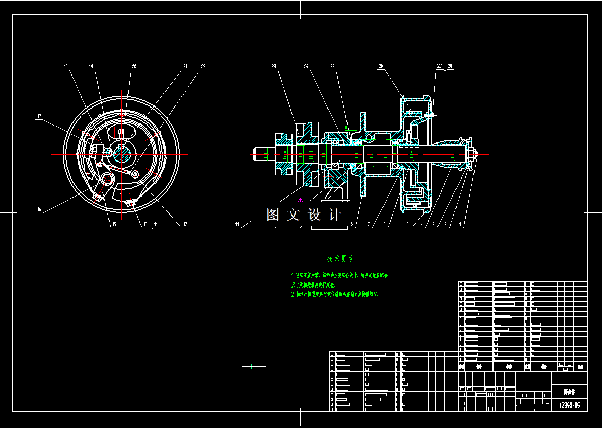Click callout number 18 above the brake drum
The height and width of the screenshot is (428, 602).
66,67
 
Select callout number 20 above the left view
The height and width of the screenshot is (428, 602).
134,67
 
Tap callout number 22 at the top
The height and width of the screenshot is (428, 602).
203,67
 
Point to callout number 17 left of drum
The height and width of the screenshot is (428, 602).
39,116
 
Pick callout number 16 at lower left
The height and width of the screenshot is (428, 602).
39,210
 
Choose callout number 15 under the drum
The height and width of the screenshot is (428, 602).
114,224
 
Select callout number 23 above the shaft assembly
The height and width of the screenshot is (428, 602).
274,67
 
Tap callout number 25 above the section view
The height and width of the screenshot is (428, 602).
332,67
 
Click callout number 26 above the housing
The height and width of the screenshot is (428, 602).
381,66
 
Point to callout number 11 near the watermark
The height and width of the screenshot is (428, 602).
237,224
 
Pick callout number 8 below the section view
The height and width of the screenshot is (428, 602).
352,224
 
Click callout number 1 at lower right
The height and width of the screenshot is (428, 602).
461,224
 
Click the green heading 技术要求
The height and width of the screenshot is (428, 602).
340,259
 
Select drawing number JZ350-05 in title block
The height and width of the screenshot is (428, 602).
569,405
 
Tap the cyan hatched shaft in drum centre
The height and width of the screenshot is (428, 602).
123,152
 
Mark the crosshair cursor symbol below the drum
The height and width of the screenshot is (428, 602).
254,366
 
